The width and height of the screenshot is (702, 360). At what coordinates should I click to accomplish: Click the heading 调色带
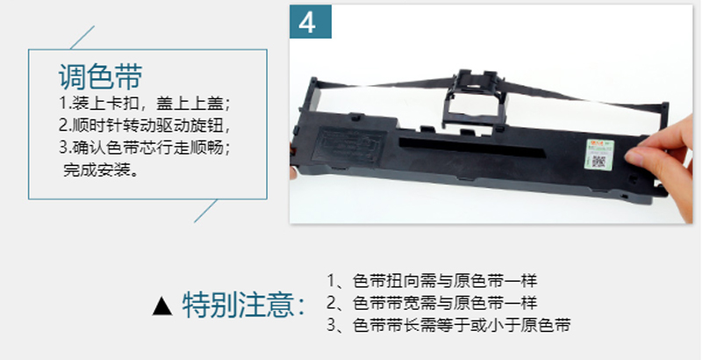click(x=100, y=76)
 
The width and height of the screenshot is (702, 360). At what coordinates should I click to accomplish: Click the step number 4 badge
click(x=311, y=21)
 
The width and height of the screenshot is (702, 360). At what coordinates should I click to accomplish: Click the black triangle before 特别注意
click(x=162, y=306)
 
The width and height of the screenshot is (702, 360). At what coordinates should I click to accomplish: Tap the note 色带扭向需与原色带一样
click(x=445, y=281)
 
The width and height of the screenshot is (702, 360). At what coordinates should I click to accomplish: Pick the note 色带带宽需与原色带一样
click(x=445, y=303)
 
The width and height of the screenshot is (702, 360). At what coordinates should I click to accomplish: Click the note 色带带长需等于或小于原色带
click(x=462, y=325)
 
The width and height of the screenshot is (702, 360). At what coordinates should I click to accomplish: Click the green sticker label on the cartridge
click(x=600, y=154)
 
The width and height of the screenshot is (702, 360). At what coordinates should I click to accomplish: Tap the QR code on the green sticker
click(x=599, y=161)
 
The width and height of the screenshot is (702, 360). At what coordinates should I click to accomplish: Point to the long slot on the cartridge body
click(x=472, y=148)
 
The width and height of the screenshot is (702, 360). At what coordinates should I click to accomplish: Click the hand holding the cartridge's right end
click(x=664, y=167)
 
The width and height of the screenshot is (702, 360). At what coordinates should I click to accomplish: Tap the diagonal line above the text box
click(x=82, y=37)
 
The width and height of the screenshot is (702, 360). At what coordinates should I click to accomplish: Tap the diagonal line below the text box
click(x=206, y=211)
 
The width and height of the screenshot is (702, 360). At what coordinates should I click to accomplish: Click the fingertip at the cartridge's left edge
click(x=293, y=172)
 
